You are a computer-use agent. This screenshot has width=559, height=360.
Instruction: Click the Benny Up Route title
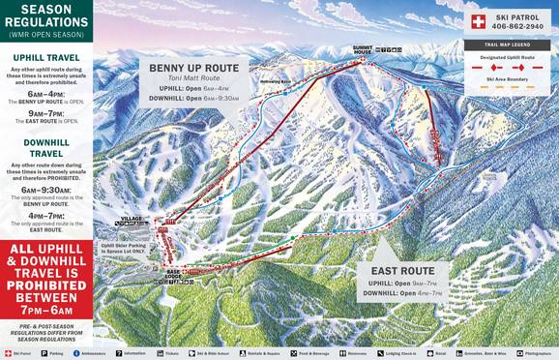188,68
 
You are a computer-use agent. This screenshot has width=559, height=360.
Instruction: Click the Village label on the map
130,220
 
